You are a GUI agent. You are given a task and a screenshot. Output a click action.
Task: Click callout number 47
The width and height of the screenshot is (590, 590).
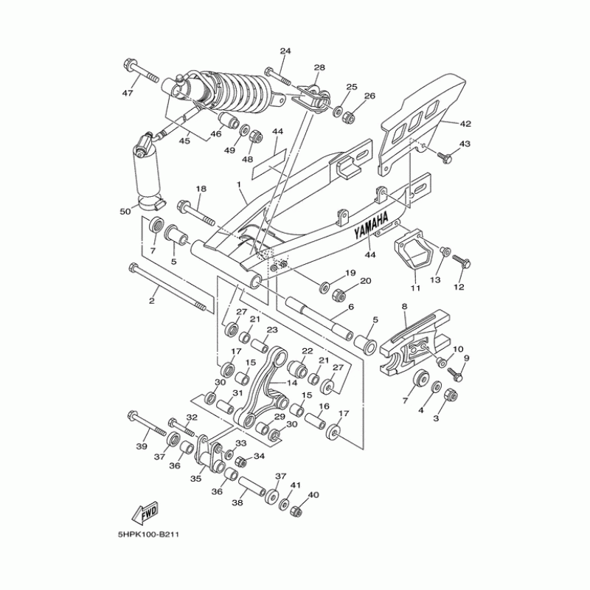(127, 93)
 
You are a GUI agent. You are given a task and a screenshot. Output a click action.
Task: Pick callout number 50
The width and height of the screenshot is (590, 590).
(125, 212)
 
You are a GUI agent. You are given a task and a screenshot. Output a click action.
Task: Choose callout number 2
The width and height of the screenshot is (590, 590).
(152, 301)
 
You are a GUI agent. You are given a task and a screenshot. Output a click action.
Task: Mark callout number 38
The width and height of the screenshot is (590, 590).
(237, 503)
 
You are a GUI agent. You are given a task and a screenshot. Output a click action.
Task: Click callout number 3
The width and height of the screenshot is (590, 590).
(435, 418)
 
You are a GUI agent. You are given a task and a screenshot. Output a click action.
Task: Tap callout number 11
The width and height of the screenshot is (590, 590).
(414, 287)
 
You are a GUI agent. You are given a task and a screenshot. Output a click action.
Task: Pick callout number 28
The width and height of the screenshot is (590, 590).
(319, 68)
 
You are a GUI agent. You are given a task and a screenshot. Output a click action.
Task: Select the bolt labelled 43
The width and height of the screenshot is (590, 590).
(444, 156)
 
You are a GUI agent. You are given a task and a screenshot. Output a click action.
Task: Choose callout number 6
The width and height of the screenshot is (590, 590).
(351, 307)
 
